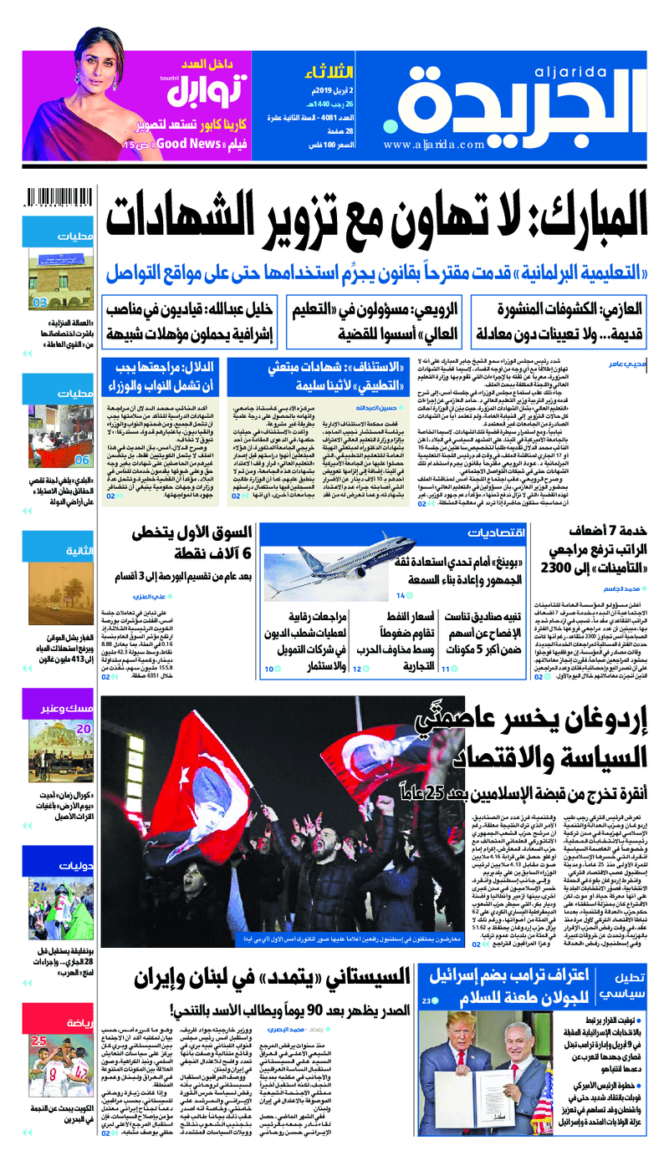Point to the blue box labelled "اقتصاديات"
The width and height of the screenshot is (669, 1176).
(498, 533)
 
